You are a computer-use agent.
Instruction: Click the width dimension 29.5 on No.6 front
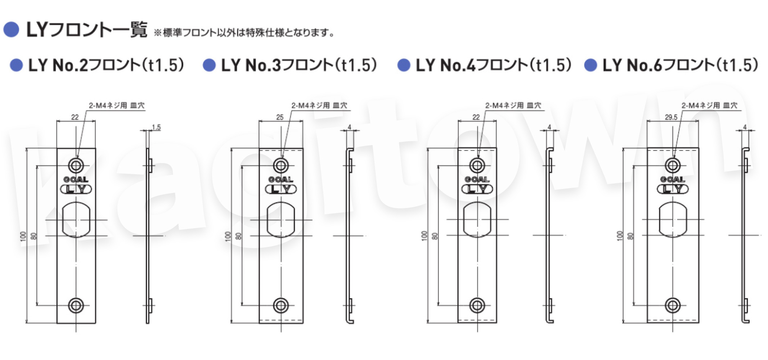(671, 117)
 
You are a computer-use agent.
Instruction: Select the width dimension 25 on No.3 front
(280, 117)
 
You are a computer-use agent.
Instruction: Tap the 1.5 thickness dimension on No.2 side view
(156, 127)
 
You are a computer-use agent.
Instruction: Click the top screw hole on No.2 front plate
(76, 166)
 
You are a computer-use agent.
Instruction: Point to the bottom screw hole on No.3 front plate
(281, 306)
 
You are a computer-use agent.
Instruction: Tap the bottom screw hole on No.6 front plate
(673, 306)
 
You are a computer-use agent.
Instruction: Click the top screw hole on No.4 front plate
(477, 166)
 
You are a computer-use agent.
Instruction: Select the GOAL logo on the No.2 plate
(76, 179)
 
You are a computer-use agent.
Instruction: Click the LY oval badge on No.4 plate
(477, 189)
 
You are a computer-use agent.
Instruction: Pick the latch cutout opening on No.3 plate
(281, 220)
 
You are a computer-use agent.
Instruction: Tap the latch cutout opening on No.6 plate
(673, 220)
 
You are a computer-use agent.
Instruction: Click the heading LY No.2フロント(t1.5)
(106, 65)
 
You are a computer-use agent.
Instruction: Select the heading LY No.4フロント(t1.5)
(494, 65)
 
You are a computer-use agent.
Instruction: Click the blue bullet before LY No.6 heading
(590, 65)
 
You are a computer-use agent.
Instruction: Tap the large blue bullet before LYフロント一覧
(11, 30)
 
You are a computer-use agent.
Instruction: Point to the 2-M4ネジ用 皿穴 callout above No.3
(319, 105)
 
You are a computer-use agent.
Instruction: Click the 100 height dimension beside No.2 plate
(23, 236)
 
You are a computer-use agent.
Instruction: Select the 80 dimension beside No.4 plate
(435, 236)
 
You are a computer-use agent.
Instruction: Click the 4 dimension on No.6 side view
(745, 127)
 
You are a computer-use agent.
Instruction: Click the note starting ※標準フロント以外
(244, 33)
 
